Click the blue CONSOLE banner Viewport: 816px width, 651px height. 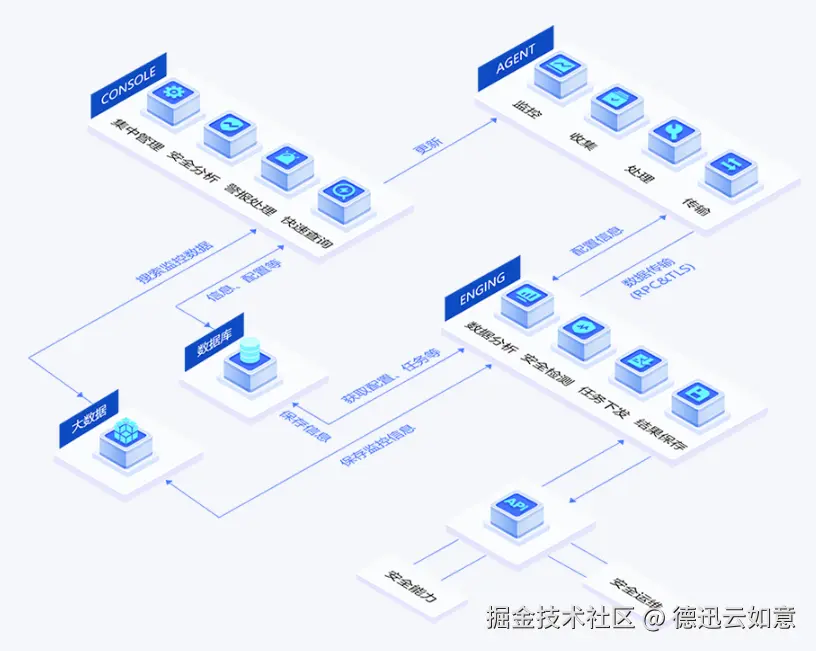[x=128, y=84]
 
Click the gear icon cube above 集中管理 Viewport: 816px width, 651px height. [x=174, y=97]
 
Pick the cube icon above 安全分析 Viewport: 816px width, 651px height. [x=231, y=129]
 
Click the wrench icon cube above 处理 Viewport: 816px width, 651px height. [x=674, y=136]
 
